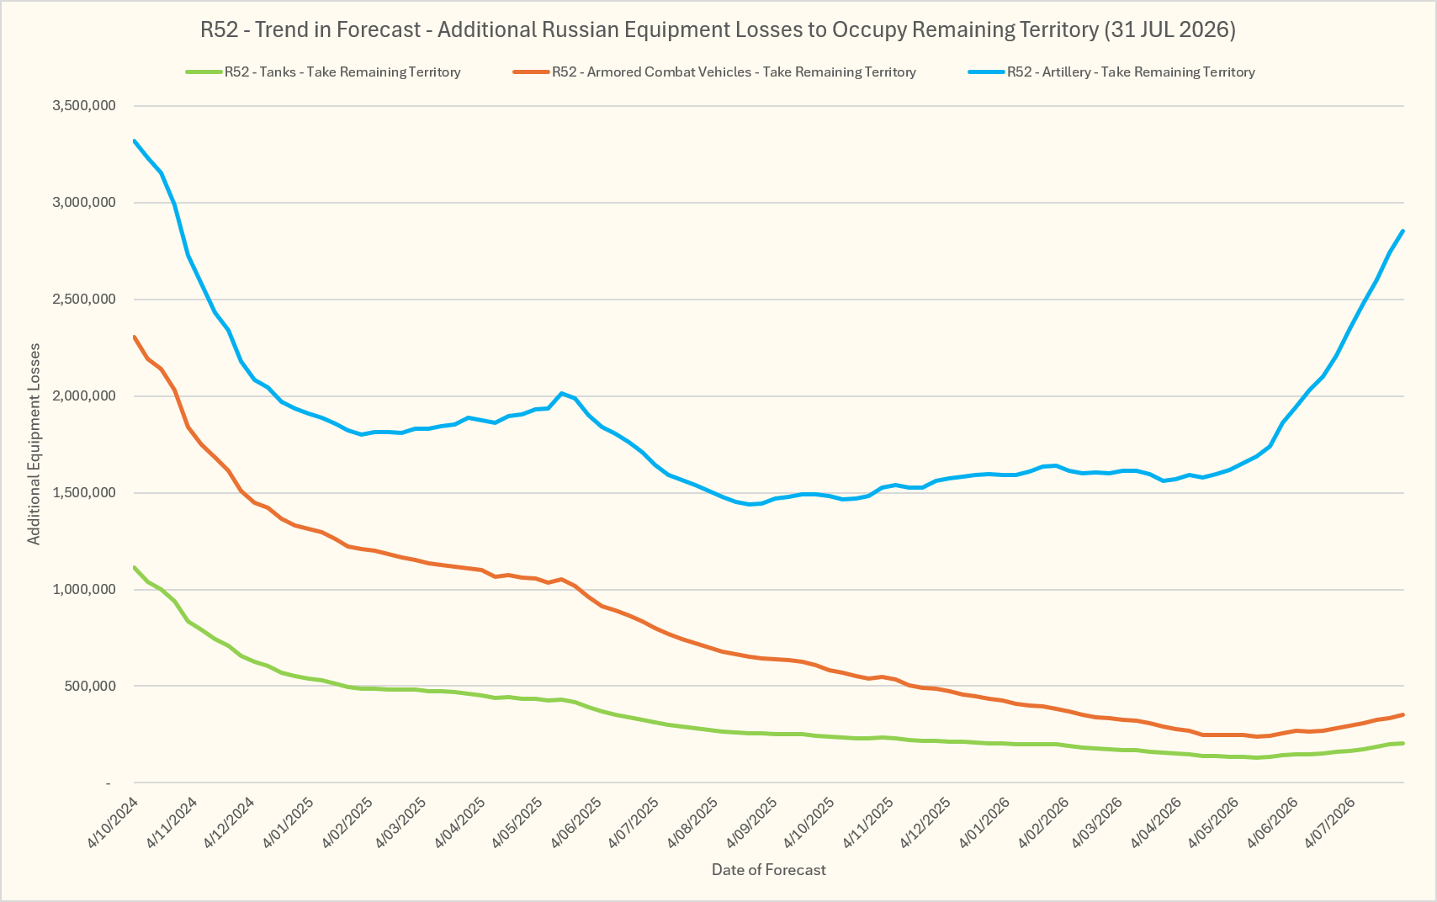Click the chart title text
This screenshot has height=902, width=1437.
coord(718,29)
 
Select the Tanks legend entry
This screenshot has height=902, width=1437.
coord(323,72)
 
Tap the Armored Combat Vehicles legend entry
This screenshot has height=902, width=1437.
coord(714,72)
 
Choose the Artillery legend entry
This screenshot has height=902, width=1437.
coord(1111,72)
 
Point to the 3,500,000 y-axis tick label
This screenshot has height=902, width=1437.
coord(84,105)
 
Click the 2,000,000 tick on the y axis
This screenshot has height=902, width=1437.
coord(84,395)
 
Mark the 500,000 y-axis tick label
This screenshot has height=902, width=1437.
coord(89,686)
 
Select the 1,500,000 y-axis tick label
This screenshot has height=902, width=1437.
coord(84,493)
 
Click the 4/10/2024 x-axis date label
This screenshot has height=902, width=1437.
coord(113,823)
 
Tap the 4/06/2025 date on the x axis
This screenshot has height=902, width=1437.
coord(575,823)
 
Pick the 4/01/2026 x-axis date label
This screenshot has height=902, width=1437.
coord(984,823)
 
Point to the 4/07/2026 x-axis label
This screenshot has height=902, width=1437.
coord(1330,823)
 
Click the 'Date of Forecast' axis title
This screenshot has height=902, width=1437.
coord(768,870)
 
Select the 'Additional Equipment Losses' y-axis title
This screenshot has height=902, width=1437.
coord(34,444)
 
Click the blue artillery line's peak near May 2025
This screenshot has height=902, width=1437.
coord(561,393)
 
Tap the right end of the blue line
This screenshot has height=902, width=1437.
coord(1403,231)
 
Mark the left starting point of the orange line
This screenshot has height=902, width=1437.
coord(134,337)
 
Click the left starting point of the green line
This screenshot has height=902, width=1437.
coord(134,567)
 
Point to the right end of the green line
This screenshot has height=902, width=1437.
coord(1403,743)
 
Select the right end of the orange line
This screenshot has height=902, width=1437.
coord(1403,714)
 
